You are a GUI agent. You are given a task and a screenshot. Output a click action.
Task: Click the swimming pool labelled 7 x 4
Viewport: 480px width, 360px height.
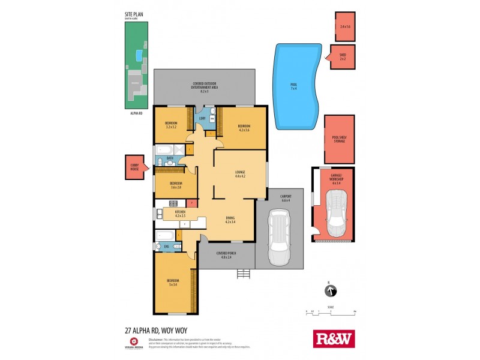click(294, 84)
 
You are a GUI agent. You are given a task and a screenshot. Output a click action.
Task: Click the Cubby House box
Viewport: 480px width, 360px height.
click(134, 167)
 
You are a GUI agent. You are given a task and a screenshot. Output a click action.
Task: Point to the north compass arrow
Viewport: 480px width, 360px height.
click(329, 292)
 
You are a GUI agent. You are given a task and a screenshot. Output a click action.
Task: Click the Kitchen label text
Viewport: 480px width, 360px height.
click(180, 213)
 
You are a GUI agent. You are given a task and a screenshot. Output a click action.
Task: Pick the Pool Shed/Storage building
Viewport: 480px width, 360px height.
click(340, 139)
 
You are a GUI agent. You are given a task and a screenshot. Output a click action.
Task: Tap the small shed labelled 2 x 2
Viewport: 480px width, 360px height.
click(343, 57)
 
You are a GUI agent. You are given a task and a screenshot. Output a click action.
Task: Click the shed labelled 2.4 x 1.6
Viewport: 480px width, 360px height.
click(344, 26)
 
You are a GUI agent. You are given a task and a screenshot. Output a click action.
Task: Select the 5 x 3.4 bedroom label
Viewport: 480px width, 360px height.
click(173, 283)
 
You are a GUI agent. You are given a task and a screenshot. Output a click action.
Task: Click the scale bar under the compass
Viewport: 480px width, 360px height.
click(330, 311)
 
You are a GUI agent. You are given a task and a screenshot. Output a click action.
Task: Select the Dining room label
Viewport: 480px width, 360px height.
click(230, 219)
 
